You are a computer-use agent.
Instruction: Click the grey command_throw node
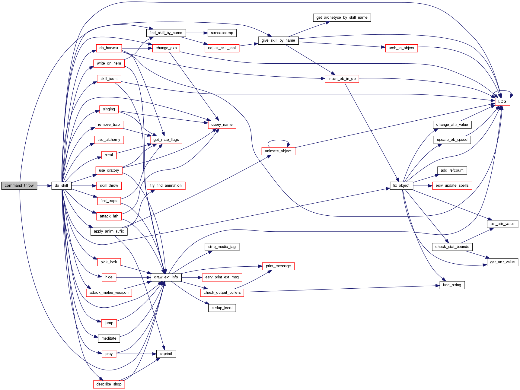click(x=19, y=185)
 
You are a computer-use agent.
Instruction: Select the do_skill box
click(x=61, y=185)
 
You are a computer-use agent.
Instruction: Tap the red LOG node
click(x=502, y=102)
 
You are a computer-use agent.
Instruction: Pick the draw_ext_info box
click(x=166, y=277)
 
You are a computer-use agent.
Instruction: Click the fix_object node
click(x=401, y=185)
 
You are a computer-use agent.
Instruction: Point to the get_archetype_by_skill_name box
click(x=342, y=17)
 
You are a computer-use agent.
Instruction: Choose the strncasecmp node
click(x=222, y=33)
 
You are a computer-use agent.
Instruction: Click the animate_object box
click(x=278, y=151)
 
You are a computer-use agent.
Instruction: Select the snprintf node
click(x=166, y=354)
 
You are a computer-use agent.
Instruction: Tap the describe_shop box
click(x=109, y=384)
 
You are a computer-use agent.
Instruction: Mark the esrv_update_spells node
click(x=452, y=185)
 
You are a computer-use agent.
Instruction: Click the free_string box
click(x=452, y=285)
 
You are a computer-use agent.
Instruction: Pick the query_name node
click(x=222, y=125)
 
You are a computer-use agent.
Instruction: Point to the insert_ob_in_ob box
click(x=342, y=79)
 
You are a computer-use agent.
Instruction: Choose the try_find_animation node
click(x=166, y=185)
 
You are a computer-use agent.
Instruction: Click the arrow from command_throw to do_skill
click(x=44, y=185)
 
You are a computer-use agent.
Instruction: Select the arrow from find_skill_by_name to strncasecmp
click(x=196, y=33)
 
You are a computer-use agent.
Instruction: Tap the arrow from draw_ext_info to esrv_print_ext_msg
click(x=192, y=277)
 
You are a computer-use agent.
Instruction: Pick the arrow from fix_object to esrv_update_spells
click(x=423, y=185)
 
